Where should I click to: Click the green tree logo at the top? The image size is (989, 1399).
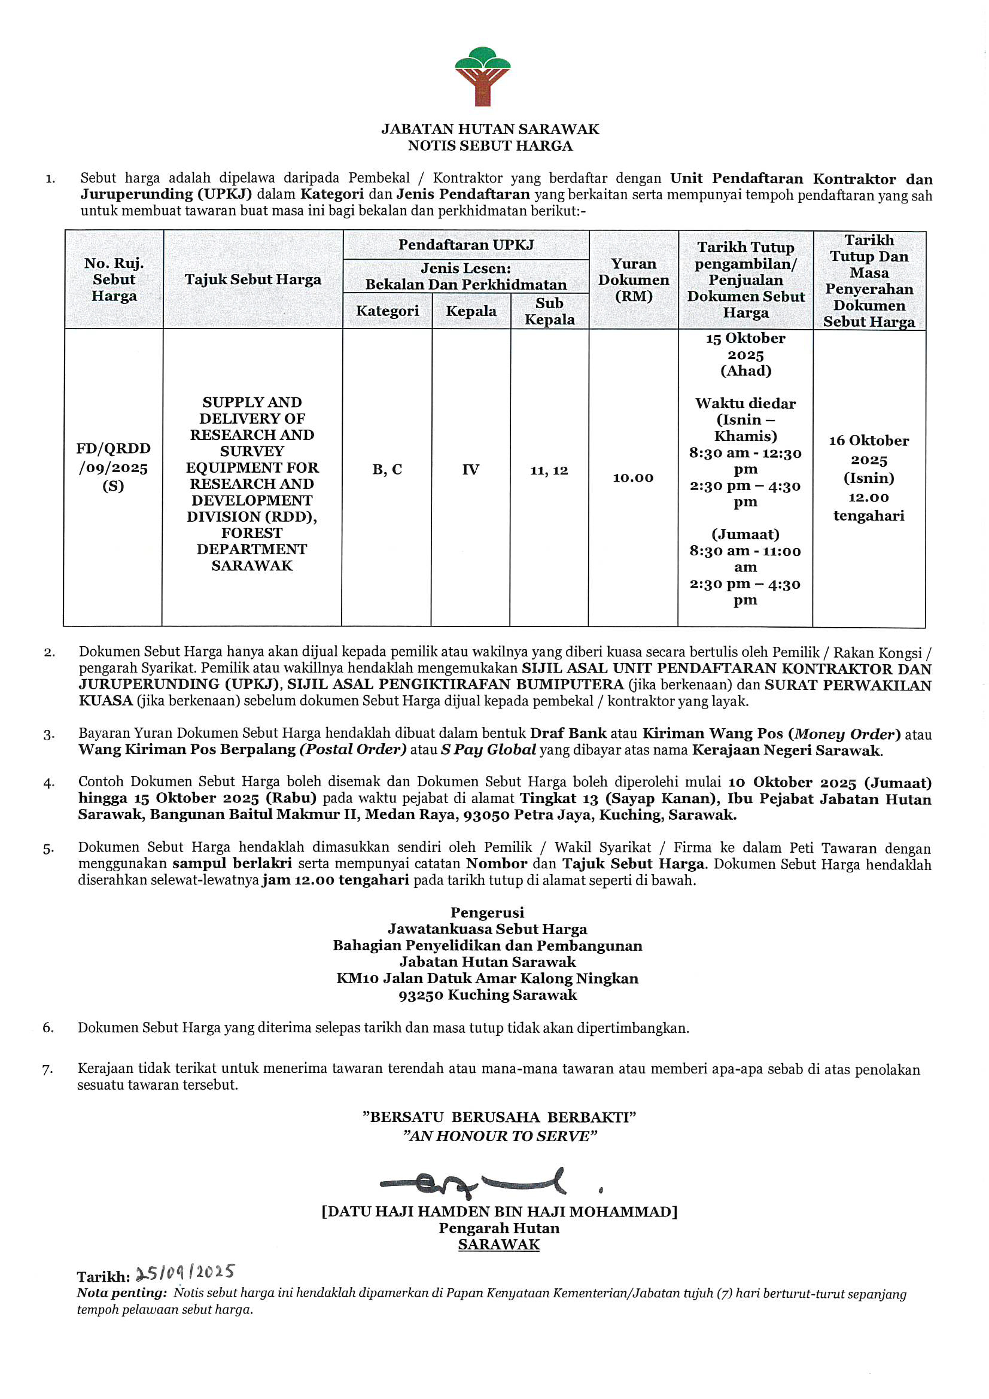point(483,75)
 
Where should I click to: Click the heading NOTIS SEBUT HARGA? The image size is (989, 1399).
point(490,145)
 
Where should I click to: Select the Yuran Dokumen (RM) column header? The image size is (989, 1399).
point(633,279)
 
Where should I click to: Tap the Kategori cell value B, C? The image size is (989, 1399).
point(387,469)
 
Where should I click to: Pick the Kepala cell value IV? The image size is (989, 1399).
point(470,469)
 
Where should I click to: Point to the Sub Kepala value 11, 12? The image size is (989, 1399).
point(549,470)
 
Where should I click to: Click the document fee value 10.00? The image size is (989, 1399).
point(633,478)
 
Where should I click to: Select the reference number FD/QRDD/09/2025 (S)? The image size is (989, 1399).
point(113,467)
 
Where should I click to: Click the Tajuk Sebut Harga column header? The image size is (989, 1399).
point(253,279)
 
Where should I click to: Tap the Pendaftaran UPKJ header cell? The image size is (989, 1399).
point(466,245)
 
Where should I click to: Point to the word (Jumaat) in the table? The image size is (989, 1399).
point(745,534)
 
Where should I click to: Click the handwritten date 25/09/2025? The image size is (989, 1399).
point(185,1272)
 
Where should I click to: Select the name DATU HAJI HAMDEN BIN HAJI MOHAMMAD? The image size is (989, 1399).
point(499,1211)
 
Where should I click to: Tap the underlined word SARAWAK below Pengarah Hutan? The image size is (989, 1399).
point(499,1244)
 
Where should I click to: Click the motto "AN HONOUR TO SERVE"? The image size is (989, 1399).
point(500,1136)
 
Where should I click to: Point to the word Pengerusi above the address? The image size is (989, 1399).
point(487,912)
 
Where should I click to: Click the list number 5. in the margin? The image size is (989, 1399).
point(48,848)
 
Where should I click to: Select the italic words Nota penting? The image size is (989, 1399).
point(121,1292)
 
